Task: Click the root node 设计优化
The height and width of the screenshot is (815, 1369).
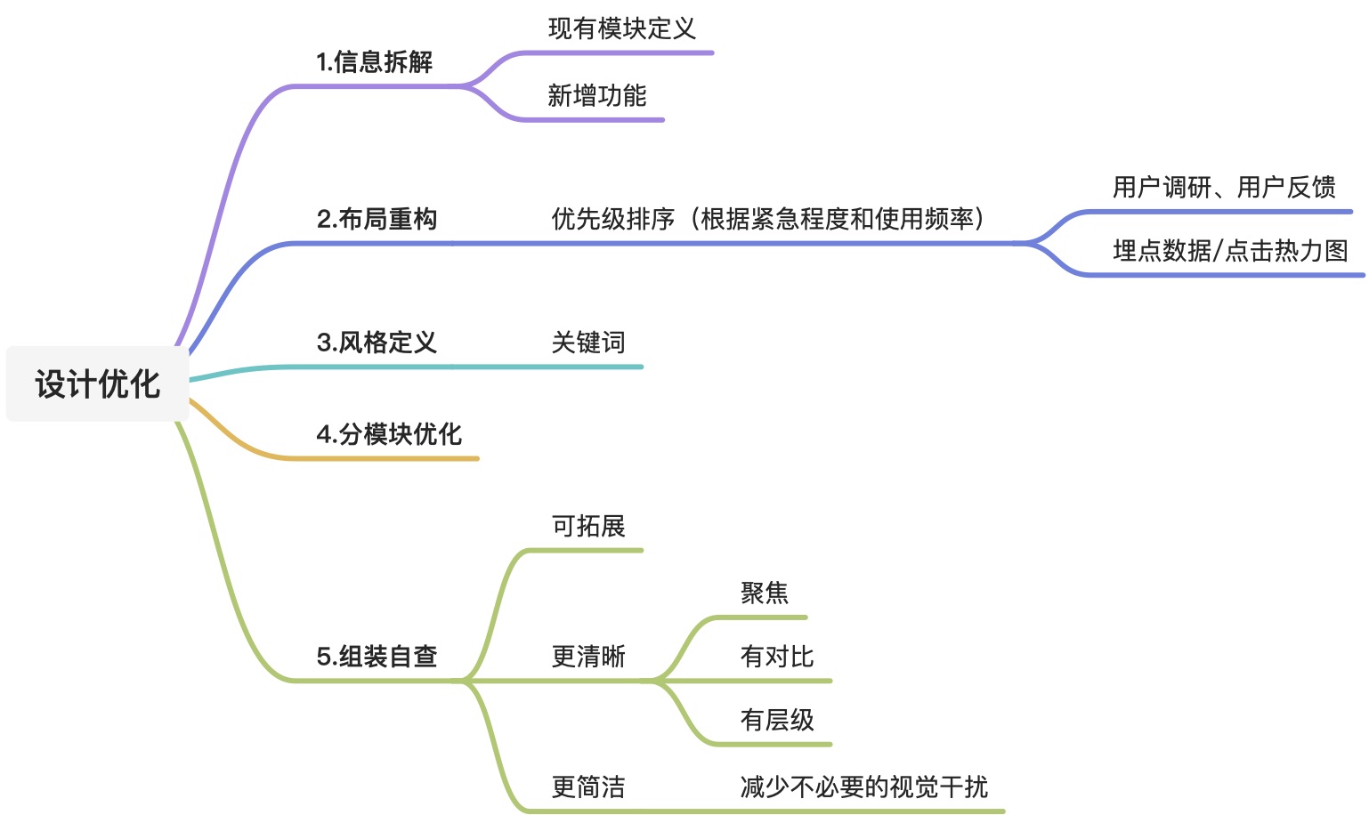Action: point(97,383)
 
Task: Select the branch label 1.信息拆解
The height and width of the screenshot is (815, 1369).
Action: point(374,62)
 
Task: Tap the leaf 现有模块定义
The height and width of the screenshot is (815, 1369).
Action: point(621,28)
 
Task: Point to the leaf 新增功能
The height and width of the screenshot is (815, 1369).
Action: point(596,95)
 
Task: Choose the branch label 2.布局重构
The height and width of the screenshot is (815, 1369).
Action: point(377,219)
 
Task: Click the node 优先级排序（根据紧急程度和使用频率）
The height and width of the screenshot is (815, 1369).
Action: point(767,219)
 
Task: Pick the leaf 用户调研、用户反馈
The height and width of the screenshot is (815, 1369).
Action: point(1224,187)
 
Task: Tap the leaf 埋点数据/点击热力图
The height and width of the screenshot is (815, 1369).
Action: point(1230,251)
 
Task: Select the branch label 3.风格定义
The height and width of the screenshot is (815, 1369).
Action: point(377,343)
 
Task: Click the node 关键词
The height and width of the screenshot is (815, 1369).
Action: point(588,343)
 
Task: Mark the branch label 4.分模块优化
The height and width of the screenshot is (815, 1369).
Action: point(389,434)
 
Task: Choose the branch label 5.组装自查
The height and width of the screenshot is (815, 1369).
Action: point(377,657)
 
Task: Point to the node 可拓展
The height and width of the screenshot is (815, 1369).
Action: point(588,526)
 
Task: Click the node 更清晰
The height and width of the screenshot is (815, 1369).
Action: point(588,657)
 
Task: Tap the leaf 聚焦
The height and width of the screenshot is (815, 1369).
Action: point(764,593)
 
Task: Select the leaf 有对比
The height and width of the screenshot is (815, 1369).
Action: point(777,657)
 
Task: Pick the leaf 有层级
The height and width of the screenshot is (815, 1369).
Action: point(777,720)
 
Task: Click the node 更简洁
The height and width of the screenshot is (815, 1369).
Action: point(588,787)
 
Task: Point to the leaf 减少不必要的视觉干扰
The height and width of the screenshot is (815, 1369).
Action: point(863,787)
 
